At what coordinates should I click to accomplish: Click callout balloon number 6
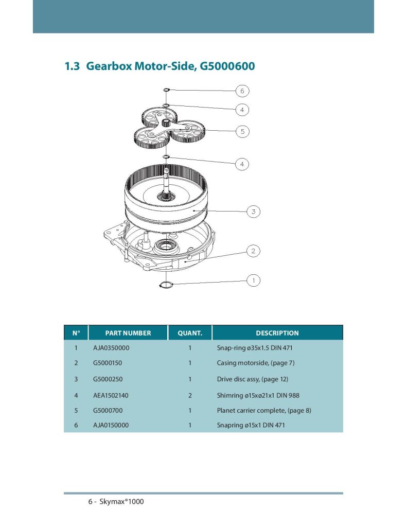coord(242,91)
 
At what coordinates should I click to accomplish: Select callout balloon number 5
coord(242,131)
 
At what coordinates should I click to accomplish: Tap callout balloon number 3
coord(253,211)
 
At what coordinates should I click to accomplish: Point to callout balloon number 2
coord(253,251)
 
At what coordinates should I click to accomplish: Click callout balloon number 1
coord(253,280)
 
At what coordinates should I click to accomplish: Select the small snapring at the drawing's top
coord(166,90)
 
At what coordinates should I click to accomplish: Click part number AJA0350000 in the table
coord(111,348)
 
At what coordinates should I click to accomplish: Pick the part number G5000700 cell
coord(108,410)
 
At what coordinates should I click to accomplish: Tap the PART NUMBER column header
coord(128,333)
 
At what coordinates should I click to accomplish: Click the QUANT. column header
coord(189,333)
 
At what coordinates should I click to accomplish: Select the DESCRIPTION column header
coord(277,333)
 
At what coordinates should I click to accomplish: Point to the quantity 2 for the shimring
coord(190,395)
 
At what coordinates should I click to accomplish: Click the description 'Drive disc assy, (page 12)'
coord(252,379)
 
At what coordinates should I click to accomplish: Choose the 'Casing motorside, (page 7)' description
coord(255,363)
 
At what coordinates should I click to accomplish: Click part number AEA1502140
coord(111,395)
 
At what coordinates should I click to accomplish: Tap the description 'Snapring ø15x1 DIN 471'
coord(251,426)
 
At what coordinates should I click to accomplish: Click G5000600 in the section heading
coord(227,66)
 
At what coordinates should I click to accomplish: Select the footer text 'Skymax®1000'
coord(123,501)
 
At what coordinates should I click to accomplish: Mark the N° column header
coord(76,333)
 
